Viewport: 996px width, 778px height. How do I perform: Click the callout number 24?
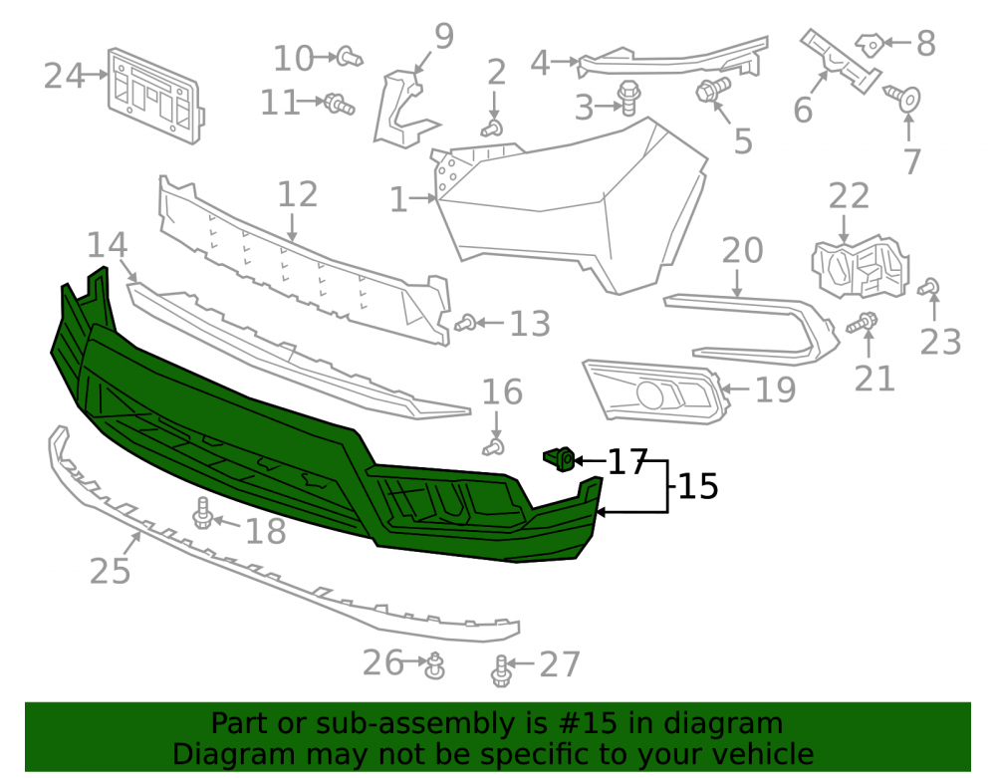point(64,77)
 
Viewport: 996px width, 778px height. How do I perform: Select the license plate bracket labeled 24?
point(155,96)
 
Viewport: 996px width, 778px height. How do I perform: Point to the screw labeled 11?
point(340,105)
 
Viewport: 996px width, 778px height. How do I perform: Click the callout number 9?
point(444,36)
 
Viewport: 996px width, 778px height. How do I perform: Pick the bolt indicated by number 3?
point(628,98)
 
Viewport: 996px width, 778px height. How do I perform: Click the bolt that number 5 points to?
point(713,89)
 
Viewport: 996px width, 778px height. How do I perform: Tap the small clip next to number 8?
point(870,45)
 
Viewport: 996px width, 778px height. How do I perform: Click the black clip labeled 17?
point(560,459)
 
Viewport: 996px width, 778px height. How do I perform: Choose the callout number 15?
point(698,486)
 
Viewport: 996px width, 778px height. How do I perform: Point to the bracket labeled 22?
point(861,267)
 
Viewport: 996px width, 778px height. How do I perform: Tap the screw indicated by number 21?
point(862,323)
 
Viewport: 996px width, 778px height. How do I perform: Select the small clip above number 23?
point(929,287)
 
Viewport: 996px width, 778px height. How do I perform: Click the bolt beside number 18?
point(202,514)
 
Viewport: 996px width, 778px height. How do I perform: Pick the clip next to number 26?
point(435,665)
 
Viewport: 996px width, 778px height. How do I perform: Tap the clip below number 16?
point(494,447)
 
